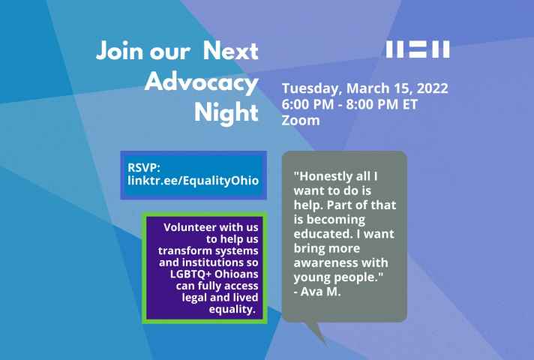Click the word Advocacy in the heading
coord(201,82)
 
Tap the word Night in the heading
coord(226,112)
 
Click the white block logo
coord(418,49)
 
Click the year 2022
coord(433,88)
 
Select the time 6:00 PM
coord(307,104)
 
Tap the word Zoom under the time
coord(301,120)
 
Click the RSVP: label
coord(144,167)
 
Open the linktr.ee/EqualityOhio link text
coord(193,181)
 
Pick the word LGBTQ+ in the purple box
coord(190,274)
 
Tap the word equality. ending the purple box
coord(232,309)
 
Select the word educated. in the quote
coord(323,234)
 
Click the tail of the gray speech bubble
coord(317,333)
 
